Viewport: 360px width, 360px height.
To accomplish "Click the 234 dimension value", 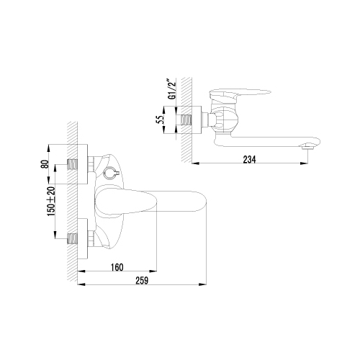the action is [x=250, y=159].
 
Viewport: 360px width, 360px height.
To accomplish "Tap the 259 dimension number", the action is [x=142, y=281].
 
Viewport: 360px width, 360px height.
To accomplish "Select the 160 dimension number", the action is [x=117, y=267].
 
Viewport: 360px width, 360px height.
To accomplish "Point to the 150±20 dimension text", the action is [x=52, y=201].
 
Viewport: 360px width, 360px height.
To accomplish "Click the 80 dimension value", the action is [x=45, y=164].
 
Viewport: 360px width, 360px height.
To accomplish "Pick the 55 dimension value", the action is [x=160, y=120].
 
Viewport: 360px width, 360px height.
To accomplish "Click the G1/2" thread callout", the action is [x=173, y=91].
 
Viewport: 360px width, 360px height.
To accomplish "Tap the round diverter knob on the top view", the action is [x=109, y=173].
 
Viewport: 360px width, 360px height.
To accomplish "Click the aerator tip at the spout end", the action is [x=307, y=146].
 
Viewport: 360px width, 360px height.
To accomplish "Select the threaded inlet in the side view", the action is [x=186, y=120].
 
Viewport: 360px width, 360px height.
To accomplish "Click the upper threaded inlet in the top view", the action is [x=73, y=165].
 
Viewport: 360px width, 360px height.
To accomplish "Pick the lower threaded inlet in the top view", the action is [x=73, y=238].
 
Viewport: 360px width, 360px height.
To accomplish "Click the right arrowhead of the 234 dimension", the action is [x=305, y=163].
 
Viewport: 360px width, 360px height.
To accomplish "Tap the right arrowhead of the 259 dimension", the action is [x=203, y=284].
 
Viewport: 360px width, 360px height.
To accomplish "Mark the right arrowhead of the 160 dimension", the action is [x=153, y=271].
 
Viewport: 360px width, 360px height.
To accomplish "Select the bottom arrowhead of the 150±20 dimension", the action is [x=55, y=235].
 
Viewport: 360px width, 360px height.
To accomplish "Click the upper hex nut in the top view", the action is [x=91, y=164].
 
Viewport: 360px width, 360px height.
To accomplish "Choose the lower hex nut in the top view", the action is [x=91, y=238].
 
